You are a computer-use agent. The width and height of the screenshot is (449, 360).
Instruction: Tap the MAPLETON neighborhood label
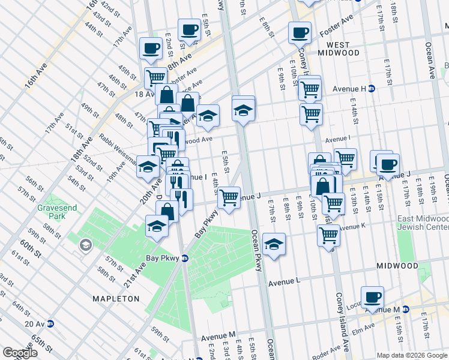pos(116,298)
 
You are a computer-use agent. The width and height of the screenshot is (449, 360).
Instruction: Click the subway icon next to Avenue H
pos(372,89)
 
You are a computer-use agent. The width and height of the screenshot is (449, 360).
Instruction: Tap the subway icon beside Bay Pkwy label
pos(185,259)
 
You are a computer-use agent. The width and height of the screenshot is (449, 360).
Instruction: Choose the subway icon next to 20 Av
pos(50,324)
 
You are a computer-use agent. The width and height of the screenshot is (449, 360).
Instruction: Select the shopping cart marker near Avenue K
pos(329,234)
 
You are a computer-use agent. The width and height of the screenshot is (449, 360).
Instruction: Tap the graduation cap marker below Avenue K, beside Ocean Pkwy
pos(274,244)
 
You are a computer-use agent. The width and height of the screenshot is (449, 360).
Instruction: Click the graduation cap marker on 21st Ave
pos(157,226)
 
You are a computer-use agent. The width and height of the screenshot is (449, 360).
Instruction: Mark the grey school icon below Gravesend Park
pos(86,245)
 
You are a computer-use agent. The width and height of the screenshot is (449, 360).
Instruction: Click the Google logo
pos(20,353)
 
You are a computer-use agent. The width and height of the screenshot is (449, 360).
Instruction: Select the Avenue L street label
pos(284,281)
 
